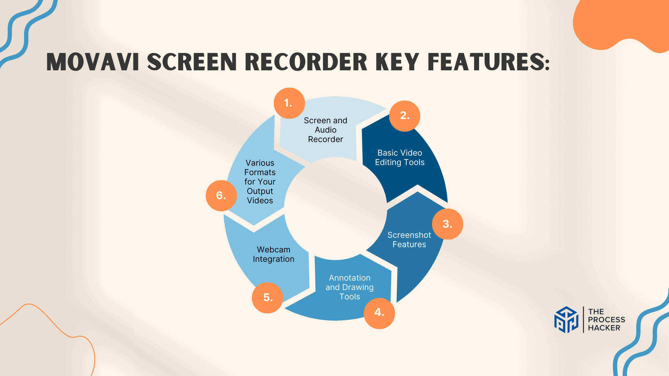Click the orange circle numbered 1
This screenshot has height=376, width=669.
coord(289,103)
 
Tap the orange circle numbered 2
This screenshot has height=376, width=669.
coord(405,116)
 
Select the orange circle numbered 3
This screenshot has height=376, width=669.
coord(447,224)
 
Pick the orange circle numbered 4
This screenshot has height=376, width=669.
coord(379,313)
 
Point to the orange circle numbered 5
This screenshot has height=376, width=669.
coord(267,298)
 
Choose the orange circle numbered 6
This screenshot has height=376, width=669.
coord(221,195)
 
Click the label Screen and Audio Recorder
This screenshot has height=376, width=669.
coord(325,130)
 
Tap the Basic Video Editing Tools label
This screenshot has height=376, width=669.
coord(400,158)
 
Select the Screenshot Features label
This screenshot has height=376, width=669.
coord(409,240)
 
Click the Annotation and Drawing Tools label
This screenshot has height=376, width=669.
coord(349,287)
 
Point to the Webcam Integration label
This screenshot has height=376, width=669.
coord(274,254)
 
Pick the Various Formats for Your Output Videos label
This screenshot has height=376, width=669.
coord(260,182)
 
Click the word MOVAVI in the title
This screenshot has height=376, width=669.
coord(93,62)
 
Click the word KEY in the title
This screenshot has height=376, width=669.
coord(397,62)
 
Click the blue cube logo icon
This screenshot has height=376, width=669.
coord(566,320)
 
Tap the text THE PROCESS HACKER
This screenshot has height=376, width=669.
coord(606,320)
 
